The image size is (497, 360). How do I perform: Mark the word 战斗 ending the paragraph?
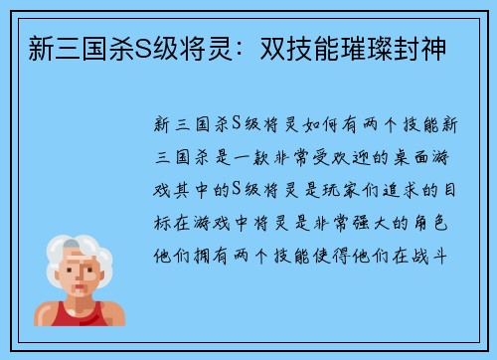pyautogui.click(x=438, y=253)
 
